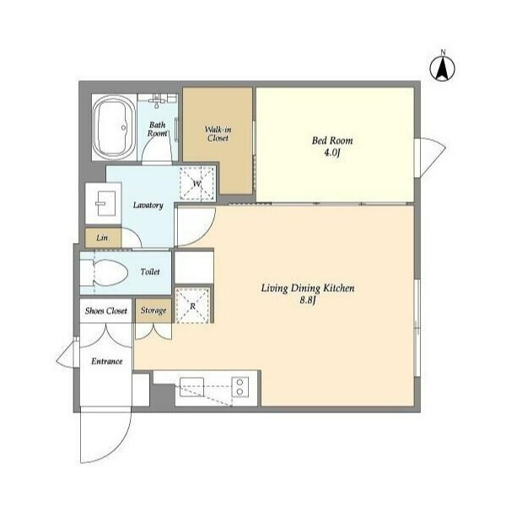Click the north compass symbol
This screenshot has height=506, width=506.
[x=443, y=67]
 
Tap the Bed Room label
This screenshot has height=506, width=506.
[x=332, y=140]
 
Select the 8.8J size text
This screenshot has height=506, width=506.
[x=307, y=300]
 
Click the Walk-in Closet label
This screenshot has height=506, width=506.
[x=218, y=133]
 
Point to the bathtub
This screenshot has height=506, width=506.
[x=114, y=127]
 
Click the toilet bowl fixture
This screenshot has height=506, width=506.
[x=104, y=273]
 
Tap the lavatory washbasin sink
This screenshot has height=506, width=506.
[x=105, y=203]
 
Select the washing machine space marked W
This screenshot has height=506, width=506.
[x=196, y=183]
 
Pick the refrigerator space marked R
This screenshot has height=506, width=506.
[x=192, y=305]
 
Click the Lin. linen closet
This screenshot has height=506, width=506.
[x=103, y=238]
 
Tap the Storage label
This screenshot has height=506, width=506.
[x=153, y=310]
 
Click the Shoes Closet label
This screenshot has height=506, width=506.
[x=106, y=310]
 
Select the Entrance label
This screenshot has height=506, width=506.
[x=107, y=361]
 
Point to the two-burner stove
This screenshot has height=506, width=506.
[x=240, y=387]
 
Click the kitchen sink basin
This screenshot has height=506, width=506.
[x=191, y=387]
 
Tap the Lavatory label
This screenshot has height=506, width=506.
[x=148, y=205]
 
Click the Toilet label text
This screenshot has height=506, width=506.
[x=150, y=272]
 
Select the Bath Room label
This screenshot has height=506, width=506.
[x=158, y=129]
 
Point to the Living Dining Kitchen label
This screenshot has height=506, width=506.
[x=308, y=288]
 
